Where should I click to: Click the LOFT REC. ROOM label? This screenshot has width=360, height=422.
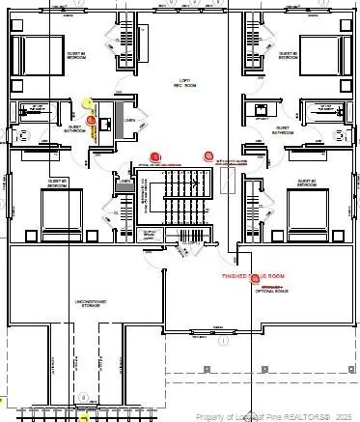pos(180,83)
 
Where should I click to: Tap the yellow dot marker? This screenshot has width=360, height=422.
pos(88,102)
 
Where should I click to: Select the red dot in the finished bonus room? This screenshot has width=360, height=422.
pos(257,277)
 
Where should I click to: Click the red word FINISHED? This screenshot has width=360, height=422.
pos(235,277)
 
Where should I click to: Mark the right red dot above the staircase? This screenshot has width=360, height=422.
pos(208,154)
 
